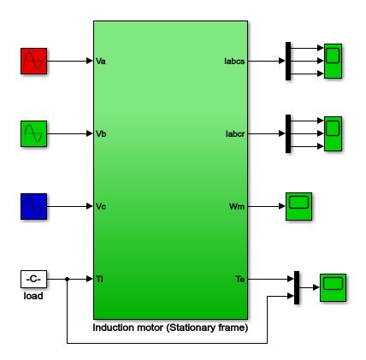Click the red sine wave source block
coord(33,61)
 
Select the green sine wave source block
coord(33,133)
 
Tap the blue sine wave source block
coord(33,206)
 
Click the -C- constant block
coord(33,279)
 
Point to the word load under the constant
coord(33,296)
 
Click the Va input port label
coord(101,62)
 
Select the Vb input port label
coord(101,133)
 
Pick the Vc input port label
coord(101,206)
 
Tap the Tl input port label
coord(99,279)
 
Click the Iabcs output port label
coord(234,62)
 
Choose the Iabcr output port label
coord(235,133)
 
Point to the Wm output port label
coord(237,206)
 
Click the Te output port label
coord(240,279)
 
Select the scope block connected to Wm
coord(298,206)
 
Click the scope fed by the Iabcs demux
coord(333,61)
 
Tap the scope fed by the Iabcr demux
coord(333,133)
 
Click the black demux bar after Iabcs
coord(288,61)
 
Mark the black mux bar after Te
coord(297,287)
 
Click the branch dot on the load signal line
coord(67,279)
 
